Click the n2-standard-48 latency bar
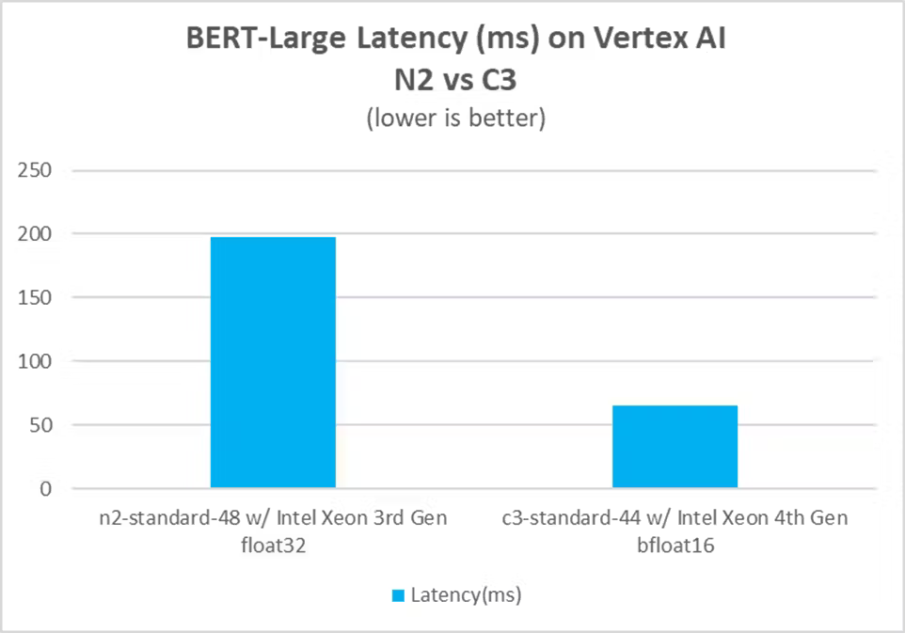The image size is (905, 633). pos(273,362)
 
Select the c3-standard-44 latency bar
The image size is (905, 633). pos(675,447)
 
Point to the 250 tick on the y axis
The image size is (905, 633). pos(40,170)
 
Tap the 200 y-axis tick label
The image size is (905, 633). pos(40,234)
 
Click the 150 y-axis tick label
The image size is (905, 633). pos(40,298)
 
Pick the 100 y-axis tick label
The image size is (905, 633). pos(40,362)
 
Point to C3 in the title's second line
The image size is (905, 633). pos(500,82)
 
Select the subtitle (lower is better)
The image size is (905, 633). pos(452,120)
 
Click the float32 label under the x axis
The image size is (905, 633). pos(273,545)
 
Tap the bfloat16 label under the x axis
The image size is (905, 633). pos(675,545)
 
